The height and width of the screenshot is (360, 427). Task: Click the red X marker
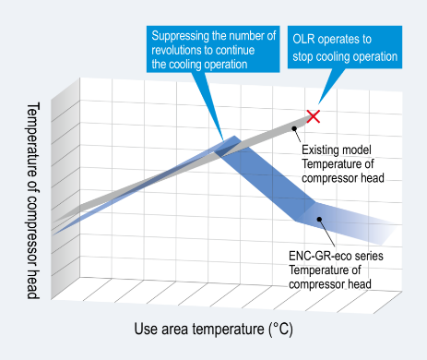(314, 116)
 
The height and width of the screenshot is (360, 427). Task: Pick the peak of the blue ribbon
(231, 140)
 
